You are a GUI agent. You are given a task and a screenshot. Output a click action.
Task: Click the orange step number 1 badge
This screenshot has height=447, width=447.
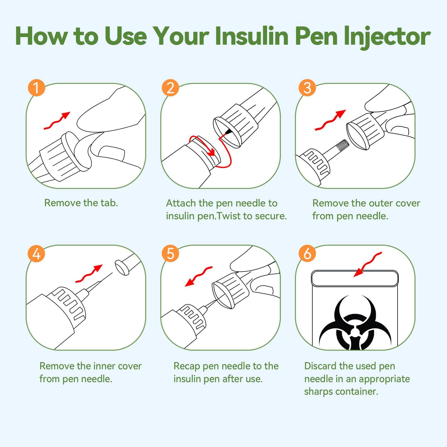36,88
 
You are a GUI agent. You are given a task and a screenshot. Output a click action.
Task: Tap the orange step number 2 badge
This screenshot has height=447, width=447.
170,88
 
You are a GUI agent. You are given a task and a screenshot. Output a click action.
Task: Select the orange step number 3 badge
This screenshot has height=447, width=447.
307,88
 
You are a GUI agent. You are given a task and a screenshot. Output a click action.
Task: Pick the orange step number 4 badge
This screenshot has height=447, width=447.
36,254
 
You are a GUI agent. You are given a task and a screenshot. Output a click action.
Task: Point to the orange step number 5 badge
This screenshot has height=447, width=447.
170,254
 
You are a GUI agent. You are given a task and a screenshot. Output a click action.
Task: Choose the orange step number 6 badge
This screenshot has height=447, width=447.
307,254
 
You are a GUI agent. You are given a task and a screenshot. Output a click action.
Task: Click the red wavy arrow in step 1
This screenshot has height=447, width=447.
57,121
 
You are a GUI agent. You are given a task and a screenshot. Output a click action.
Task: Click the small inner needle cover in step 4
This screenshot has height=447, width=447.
122,268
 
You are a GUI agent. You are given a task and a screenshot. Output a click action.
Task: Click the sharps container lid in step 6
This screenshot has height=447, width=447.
355,279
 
